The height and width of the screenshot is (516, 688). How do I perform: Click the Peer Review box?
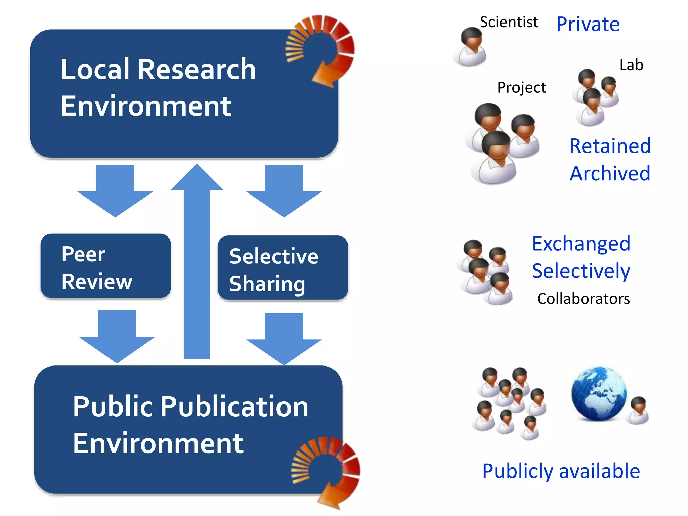coord(105,266)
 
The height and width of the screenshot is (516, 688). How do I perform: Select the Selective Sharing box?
coord(283,268)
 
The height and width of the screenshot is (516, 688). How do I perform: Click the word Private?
coord(588,24)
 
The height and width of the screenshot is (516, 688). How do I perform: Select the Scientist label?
coord(509,22)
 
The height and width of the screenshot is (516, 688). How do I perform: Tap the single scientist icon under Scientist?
coord(470,47)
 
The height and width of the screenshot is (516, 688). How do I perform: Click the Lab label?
coord(631,65)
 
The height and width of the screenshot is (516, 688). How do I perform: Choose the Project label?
coord(521,87)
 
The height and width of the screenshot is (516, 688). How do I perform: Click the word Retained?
coord(610,146)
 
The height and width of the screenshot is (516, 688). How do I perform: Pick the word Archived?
coord(610,173)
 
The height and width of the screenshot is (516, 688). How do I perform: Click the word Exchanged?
coord(581,244)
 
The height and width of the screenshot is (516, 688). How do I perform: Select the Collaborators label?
coord(583,299)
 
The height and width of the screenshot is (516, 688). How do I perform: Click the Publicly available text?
coord(561,471)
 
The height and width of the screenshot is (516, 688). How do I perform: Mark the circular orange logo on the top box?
coord(321,50)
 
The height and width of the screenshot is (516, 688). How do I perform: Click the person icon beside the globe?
coord(638,411)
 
